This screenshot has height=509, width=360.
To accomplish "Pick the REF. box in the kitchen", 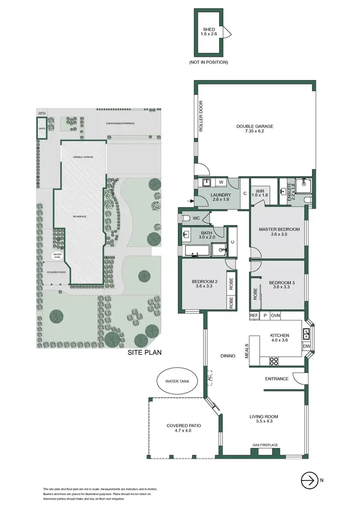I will point(254,316).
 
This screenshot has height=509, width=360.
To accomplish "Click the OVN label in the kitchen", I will point(275,316).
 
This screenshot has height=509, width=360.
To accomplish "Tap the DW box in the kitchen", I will point(306,346).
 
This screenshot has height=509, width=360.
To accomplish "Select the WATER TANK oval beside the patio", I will point(175,382).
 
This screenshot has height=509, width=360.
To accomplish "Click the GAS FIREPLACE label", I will point(264,445).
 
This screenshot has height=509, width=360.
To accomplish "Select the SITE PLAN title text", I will point(144,353).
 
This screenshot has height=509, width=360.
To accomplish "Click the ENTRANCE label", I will point(277,379).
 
